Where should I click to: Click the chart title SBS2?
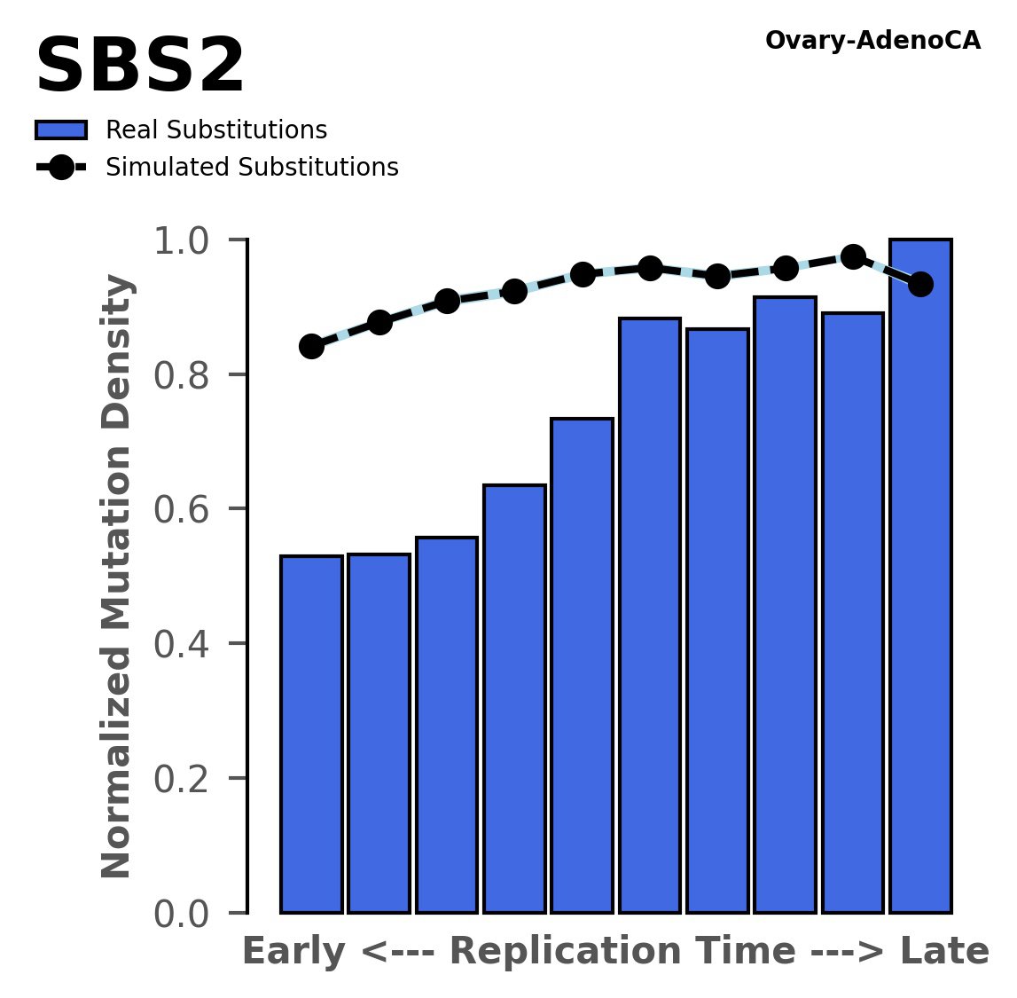pos(139,68)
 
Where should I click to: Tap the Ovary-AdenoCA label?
pos(872,41)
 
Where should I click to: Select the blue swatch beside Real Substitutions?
pos(60,130)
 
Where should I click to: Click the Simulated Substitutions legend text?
pos(252,168)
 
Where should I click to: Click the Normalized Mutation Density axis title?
pos(117,577)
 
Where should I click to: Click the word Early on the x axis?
pos(294,952)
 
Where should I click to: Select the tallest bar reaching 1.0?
pos(920,577)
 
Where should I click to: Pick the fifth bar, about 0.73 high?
pos(582,665)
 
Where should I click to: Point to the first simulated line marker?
pos(311,346)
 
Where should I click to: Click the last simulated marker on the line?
pos(921,284)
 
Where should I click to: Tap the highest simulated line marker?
pos(853,256)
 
